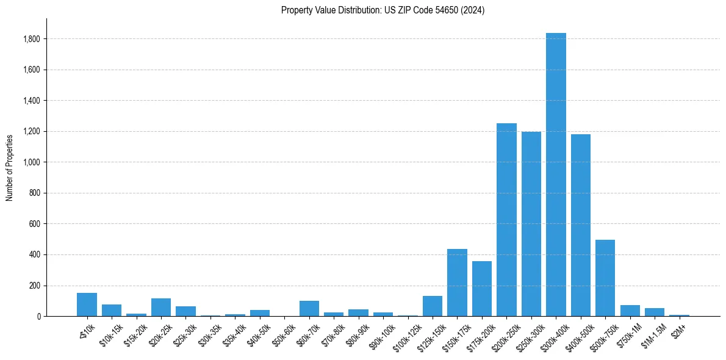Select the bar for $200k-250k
tap(506, 220)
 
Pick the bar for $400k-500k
tap(580, 225)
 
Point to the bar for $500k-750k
tap(605, 278)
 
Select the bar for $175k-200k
tap(482, 289)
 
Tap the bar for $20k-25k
tap(161, 308)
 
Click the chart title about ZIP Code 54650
tap(383, 10)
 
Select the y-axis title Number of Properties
tap(10, 167)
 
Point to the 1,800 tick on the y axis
tap(32, 39)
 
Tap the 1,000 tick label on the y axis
tap(32, 162)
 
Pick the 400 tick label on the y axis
tap(35, 254)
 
